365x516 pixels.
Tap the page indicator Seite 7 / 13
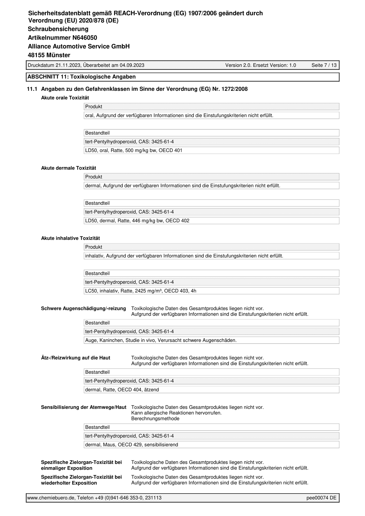324,65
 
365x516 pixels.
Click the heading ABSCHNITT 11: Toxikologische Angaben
82,77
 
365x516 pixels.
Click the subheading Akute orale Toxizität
65,98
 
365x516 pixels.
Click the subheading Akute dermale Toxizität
68,168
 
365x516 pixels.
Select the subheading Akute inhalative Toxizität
70,238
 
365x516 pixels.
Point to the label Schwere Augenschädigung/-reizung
83,308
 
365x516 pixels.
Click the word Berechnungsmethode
155,419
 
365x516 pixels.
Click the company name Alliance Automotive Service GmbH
79,47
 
